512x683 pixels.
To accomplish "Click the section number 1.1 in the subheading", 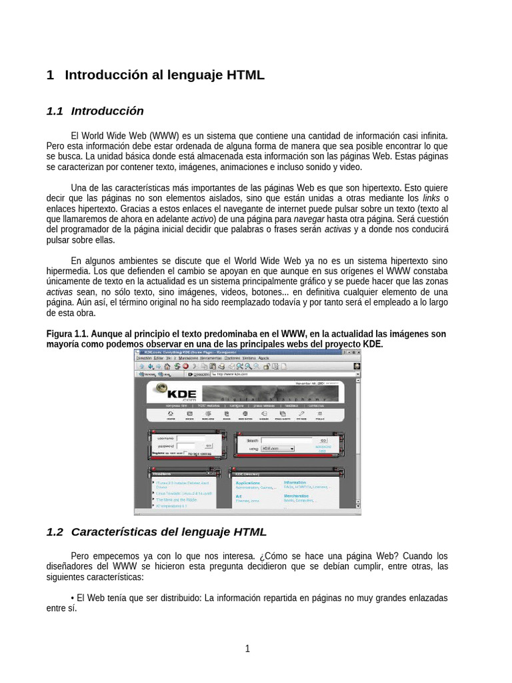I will (55, 111).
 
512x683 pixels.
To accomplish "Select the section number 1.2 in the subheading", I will (55, 532).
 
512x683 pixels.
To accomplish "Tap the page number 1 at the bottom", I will (247, 649).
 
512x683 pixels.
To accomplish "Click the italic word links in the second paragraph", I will (432, 198).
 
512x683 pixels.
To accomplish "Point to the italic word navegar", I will (309, 219).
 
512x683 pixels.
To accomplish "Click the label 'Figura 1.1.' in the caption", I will (67, 334).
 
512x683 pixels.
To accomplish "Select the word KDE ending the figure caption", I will (371, 344).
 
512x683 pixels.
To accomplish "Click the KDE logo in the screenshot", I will (175, 394).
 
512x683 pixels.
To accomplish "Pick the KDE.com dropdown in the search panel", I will (277, 449).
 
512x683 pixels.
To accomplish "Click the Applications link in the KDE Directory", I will (248, 482).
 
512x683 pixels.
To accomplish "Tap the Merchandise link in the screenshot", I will (297, 496).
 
